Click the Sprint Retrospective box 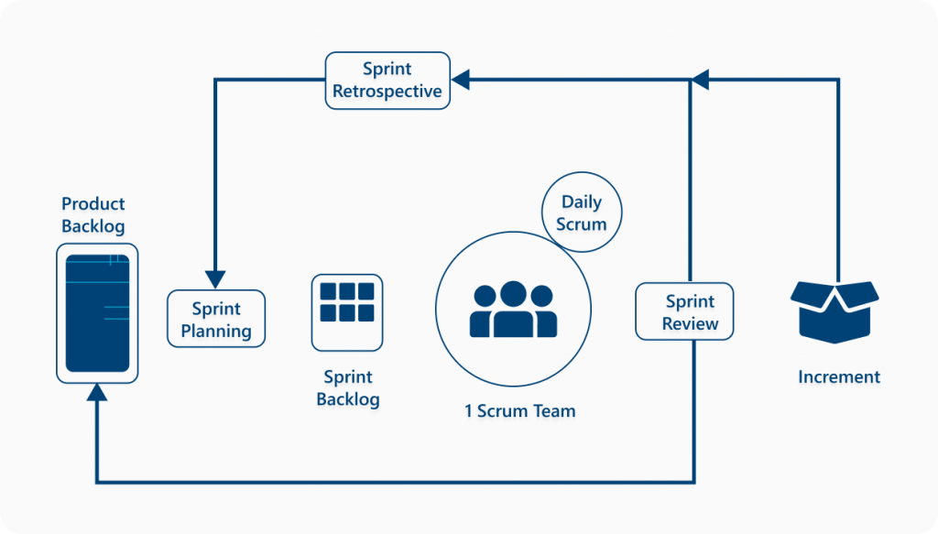(387, 81)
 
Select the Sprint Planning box (216, 319)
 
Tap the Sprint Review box (684, 311)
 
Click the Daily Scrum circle (582, 213)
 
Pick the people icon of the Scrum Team (513, 310)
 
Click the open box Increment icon (834, 311)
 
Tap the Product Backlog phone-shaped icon (97, 312)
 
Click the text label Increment (838, 376)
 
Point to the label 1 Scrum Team (519, 411)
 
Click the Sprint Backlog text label (347, 388)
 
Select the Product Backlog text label (93, 215)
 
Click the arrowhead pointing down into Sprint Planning (215, 278)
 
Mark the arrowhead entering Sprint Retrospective (460, 81)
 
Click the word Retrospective (387, 92)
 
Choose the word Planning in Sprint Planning (216, 331)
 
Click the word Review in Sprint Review (691, 323)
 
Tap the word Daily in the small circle (582, 202)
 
